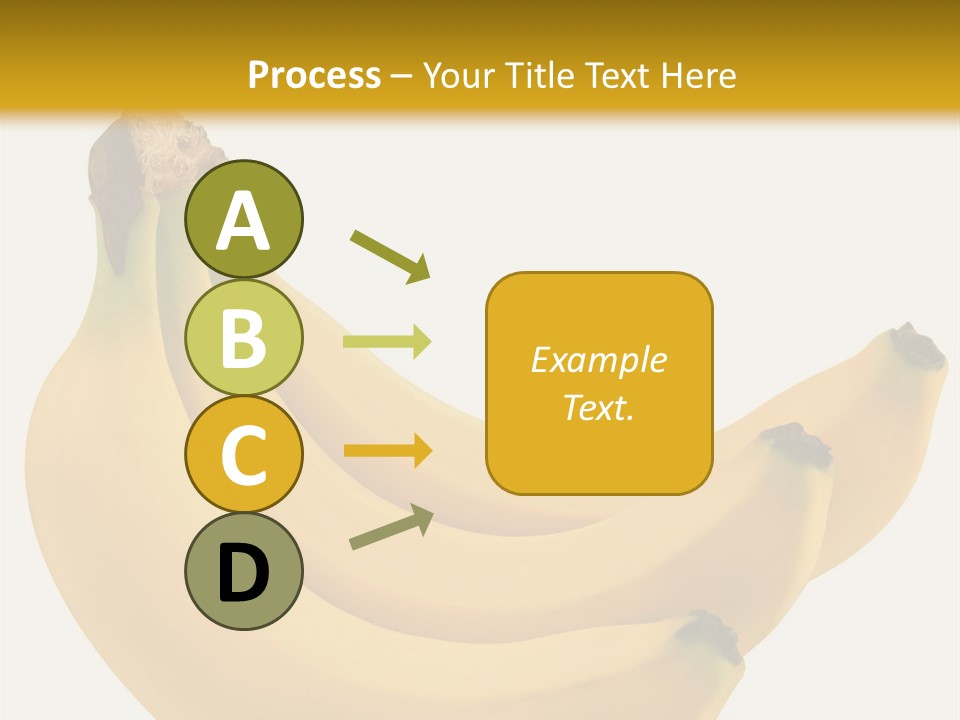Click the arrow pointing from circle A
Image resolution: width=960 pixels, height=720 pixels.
pyautogui.click(x=390, y=255)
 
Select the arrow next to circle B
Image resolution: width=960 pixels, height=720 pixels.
pyautogui.click(x=387, y=342)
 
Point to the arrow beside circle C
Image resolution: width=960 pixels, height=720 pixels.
pyautogui.click(x=387, y=451)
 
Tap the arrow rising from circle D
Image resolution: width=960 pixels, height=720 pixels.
pyautogui.click(x=391, y=527)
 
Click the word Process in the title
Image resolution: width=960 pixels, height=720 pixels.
pyautogui.click(x=314, y=75)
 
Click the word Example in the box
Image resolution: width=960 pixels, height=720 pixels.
pyautogui.click(x=598, y=360)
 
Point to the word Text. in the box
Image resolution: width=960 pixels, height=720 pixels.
pyautogui.click(x=598, y=407)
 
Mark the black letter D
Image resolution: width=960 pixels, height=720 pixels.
pyautogui.click(x=243, y=575)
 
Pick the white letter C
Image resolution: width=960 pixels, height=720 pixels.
pyautogui.click(x=243, y=455)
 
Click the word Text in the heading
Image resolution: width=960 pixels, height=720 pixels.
pyautogui.click(x=620, y=75)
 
